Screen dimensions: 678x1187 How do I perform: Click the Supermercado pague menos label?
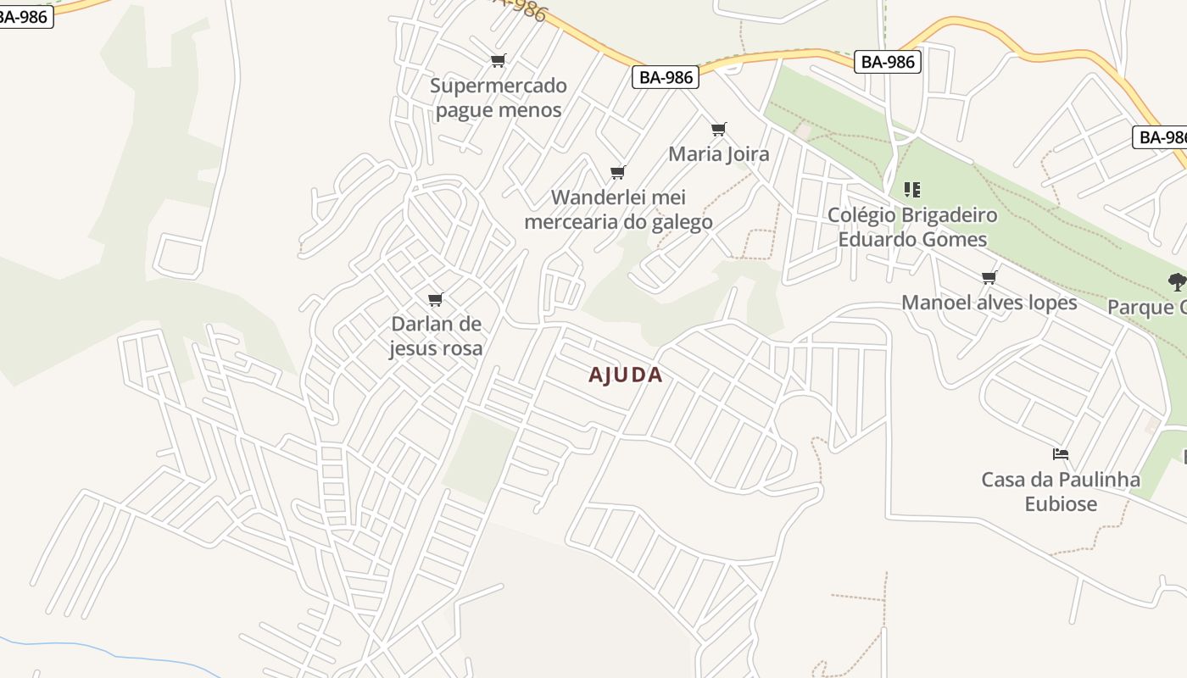click(x=498, y=97)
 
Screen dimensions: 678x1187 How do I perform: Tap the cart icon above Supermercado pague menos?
click(x=499, y=60)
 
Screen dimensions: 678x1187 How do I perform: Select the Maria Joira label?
click(x=718, y=153)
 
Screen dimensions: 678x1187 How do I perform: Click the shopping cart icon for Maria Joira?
click(x=719, y=129)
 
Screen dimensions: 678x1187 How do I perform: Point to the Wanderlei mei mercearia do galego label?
click(x=618, y=209)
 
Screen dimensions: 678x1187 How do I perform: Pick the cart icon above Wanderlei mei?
click(x=618, y=173)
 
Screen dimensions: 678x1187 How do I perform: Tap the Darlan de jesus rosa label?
click(x=436, y=336)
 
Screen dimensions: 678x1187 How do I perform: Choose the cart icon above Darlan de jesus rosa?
click(x=436, y=299)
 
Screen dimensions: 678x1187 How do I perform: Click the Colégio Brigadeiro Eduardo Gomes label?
click(x=912, y=227)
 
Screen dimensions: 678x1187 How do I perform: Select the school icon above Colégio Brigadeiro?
click(x=912, y=189)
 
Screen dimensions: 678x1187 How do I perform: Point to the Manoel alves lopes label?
click(x=989, y=303)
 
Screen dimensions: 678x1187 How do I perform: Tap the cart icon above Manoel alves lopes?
click(x=989, y=277)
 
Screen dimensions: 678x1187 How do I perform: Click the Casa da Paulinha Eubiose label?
click(x=1061, y=492)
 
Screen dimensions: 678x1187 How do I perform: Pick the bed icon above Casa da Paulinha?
click(x=1061, y=454)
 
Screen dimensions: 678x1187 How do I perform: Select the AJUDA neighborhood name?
click(x=626, y=375)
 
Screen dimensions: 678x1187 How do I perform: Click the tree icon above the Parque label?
click(x=1177, y=281)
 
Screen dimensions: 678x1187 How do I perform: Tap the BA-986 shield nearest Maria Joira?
click(x=666, y=77)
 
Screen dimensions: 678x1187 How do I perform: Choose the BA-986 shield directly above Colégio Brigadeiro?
click(x=888, y=61)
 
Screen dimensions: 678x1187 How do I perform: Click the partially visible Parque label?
click(x=1147, y=307)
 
